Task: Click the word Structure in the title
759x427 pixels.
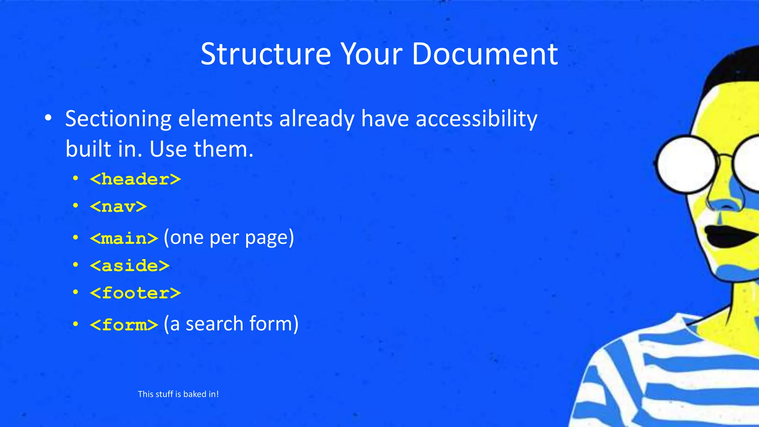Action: point(265,54)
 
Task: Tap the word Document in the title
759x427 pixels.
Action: point(484,54)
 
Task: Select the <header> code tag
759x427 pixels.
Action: point(135,179)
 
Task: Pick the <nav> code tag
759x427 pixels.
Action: point(118,206)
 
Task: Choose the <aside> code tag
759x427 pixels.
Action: point(130,266)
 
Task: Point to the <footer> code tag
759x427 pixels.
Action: point(135,293)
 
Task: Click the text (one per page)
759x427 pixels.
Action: point(229,238)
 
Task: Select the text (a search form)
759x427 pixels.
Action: point(231,324)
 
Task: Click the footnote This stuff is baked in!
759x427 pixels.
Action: point(178,394)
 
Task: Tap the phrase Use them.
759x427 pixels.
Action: point(201,149)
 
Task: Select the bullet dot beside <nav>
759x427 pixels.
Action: point(76,205)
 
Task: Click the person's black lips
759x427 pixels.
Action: point(726,236)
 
